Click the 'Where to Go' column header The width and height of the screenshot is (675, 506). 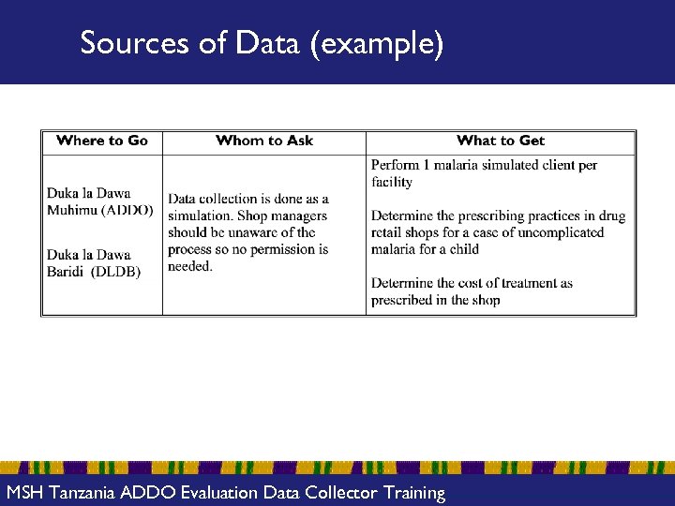click(x=102, y=141)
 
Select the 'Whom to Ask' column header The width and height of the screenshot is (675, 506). click(x=264, y=141)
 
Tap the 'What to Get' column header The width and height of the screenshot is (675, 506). click(x=501, y=141)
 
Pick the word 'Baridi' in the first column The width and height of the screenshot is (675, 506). click(x=66, y=272)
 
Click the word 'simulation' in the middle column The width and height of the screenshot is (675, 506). click(x=200, y=216)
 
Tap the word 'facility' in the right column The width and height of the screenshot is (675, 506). click(x=392, y=182)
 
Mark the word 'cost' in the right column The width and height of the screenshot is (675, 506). click(x=478, y=283)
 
